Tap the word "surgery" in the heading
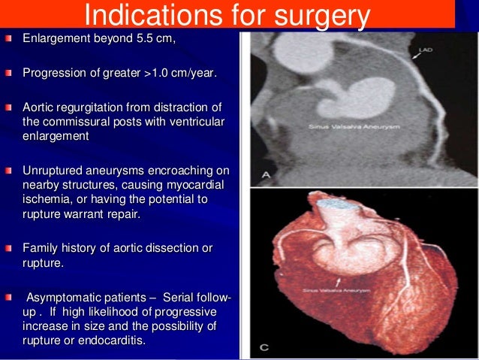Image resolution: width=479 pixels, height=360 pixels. (319, 15)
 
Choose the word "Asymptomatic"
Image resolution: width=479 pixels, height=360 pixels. (62, 297)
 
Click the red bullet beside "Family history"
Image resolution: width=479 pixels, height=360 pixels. (9, 248)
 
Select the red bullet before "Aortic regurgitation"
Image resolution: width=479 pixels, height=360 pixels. (9, 107)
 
